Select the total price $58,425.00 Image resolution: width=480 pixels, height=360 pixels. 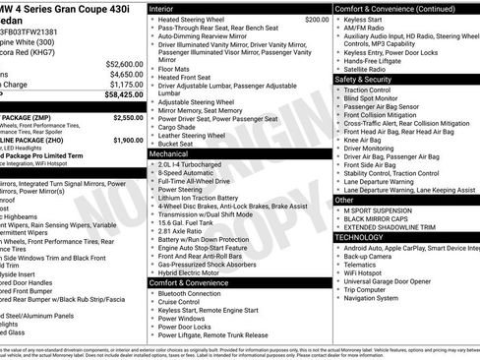coord(125,96)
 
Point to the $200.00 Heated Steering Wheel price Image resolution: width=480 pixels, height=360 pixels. coord(317,19)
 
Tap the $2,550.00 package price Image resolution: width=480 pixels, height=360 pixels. coord(128,117)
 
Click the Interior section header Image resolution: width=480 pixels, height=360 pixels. coord(168,8)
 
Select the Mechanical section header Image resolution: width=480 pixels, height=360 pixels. coord(174,154)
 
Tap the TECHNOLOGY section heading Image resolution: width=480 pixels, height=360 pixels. coord(360,237)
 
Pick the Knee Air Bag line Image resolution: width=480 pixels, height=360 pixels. coord(366,141)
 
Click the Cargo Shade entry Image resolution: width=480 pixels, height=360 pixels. coord(183,126)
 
